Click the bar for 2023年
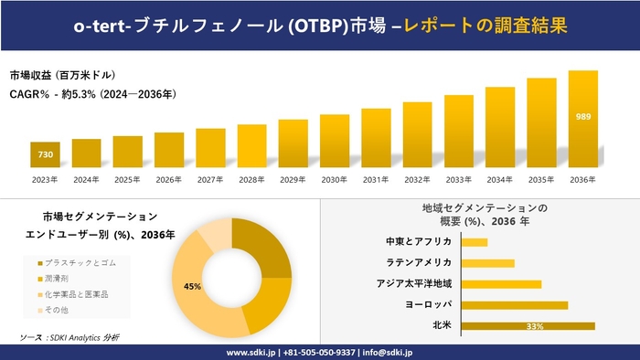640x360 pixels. pos(45,155)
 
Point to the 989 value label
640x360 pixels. pos(582,117)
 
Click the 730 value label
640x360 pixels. pos(45,154)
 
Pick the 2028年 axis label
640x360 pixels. pos(251,179)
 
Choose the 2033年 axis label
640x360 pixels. pos(458,179)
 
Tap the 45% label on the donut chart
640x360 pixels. pos(192,286)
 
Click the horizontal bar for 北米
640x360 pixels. pos(528,325)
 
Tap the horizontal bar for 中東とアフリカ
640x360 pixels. pos(475,242)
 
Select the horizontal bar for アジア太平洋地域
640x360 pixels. pos(501,283)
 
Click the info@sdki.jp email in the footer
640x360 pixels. pos(388,352)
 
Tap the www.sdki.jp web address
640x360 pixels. pos(253,352)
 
